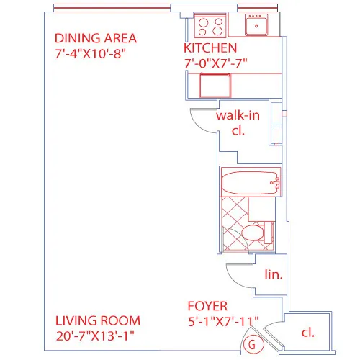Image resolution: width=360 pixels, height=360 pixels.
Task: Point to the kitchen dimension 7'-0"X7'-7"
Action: [216, 63]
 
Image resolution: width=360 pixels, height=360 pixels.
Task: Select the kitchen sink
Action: [256, 27]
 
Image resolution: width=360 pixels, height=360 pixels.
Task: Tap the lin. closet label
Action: [274, 274]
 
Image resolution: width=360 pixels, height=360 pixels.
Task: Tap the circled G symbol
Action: [251, 343]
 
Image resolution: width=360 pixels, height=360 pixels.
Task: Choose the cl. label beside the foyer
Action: [307, 333]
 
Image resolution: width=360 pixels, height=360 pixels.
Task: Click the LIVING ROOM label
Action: [98, 320]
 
